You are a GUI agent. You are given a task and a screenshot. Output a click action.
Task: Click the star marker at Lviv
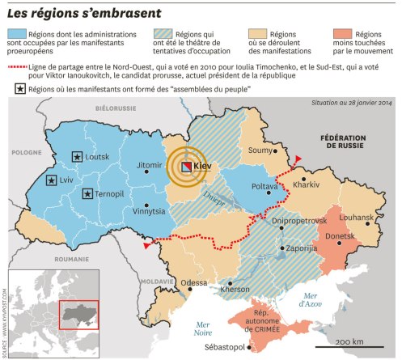point(52,180)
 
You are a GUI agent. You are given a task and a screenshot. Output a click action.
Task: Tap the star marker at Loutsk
point(76,155)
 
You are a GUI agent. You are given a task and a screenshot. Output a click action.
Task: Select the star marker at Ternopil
point(86,193)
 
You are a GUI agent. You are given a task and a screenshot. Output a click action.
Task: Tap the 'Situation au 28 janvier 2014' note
point(353,104)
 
